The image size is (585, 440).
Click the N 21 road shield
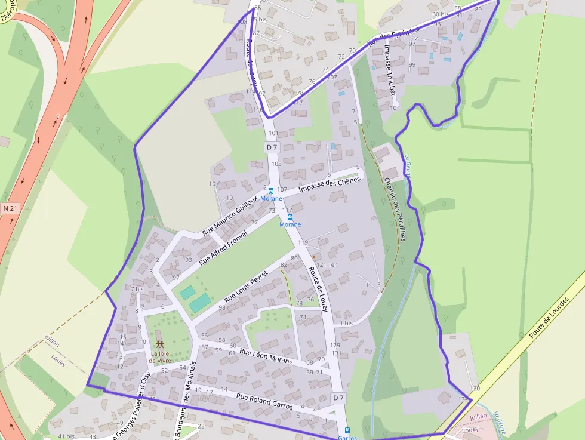coord(10,208)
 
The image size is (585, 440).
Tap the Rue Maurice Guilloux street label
coord(230,214)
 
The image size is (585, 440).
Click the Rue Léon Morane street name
coord(266,356)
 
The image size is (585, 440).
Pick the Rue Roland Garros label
coord(264,401)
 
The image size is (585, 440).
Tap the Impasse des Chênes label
coord(330,184)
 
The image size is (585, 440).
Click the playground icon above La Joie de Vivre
coord(159,344)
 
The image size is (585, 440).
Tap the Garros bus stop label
coord(347,437)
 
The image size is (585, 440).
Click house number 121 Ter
coord(327,264)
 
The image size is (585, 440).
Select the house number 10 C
coord(214,184)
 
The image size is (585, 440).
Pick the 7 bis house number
coord(137,289)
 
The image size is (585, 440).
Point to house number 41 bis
coord(66,436)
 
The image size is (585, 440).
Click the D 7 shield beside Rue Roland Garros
coord(338,398)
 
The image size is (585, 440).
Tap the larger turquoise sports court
coord(199,303)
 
